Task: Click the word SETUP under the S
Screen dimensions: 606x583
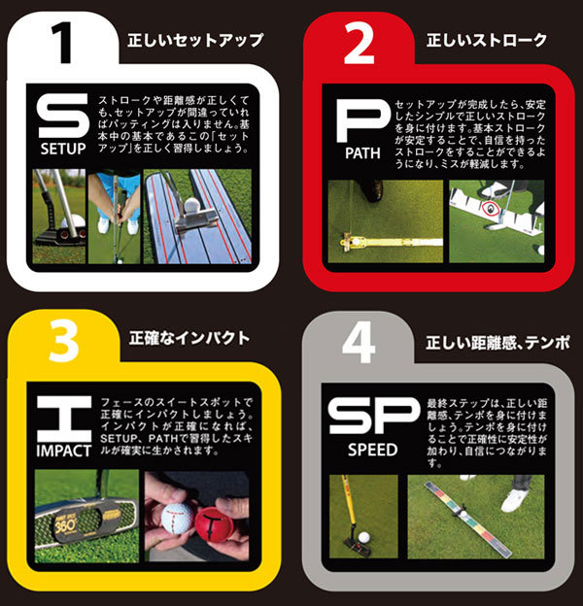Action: pyautogui.click(x=63, y=151)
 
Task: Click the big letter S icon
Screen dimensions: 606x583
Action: pyautogui.click(x=63, y=118)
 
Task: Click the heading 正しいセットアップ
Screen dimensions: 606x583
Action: pyautogui.click(x=195, y=40)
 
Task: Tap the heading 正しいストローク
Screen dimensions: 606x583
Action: pyautogui.click(x=487, y=40)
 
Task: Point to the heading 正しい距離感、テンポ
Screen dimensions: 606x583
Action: pyautogui.click(x=497, y=342)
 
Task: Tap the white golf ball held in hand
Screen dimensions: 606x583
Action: pyautogui.click(x=177, y=515)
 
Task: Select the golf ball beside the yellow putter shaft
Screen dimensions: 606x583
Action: pyautogui.click(x=362, y=536)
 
